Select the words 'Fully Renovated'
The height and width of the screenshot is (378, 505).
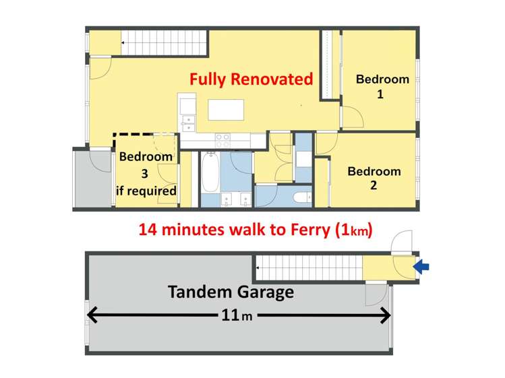[251, 79]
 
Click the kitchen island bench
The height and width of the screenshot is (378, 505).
[226, 109]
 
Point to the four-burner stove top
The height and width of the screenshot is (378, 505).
[222, 140]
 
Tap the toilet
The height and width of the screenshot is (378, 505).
[302, 197]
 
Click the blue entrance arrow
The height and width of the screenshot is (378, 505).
[421, 267]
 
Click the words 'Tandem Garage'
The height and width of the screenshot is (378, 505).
[231, 292]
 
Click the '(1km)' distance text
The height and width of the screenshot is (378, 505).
[354, 229]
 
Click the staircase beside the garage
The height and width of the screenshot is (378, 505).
[308, 268]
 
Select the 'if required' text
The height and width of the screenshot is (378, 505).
[146, 191]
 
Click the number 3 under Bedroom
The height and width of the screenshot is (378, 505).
[145, 174]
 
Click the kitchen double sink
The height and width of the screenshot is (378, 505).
[188, 123]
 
